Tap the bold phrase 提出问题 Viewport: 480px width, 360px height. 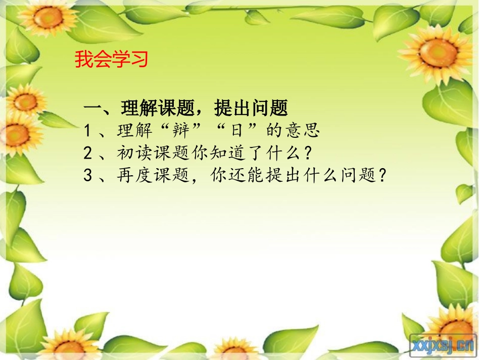tap(251, 108)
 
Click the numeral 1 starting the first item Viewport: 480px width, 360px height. tap(87, 131)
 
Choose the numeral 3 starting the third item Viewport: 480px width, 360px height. tap(87, 175)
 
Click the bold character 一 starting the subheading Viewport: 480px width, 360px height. tap(93, 108)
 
